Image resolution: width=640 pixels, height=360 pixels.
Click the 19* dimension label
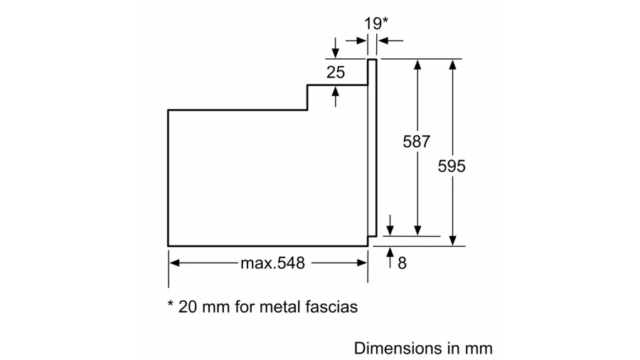tap(376, 23)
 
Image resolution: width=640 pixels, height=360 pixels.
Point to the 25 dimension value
tap(336, 73)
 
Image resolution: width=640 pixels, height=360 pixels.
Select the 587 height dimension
tap(416, 142)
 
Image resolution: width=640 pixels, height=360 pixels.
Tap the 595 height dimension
tap(452, 166)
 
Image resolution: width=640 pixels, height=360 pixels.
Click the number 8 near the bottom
tap(402, 263)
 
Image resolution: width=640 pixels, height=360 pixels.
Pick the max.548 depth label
tap(272, 263)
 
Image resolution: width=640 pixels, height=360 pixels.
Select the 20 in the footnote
tap(187, 307)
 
